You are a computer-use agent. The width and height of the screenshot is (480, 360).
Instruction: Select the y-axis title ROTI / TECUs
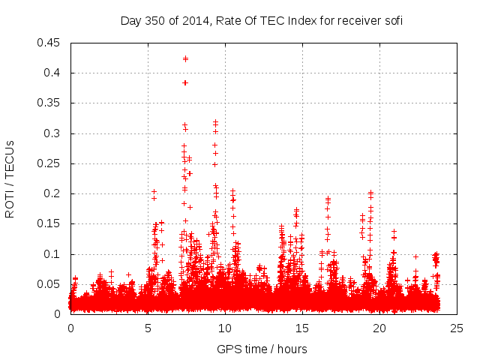10,178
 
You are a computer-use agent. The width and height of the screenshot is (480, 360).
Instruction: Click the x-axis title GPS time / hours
262,349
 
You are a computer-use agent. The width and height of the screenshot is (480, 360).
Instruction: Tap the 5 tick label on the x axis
148,328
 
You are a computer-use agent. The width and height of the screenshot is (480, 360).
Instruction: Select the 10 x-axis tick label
225,328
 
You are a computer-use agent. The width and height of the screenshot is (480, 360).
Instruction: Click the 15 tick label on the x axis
302,328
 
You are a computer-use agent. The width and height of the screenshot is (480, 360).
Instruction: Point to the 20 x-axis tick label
379,328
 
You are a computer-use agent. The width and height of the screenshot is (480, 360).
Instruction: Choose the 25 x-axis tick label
457,328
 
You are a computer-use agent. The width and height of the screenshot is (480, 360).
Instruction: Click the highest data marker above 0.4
185,58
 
